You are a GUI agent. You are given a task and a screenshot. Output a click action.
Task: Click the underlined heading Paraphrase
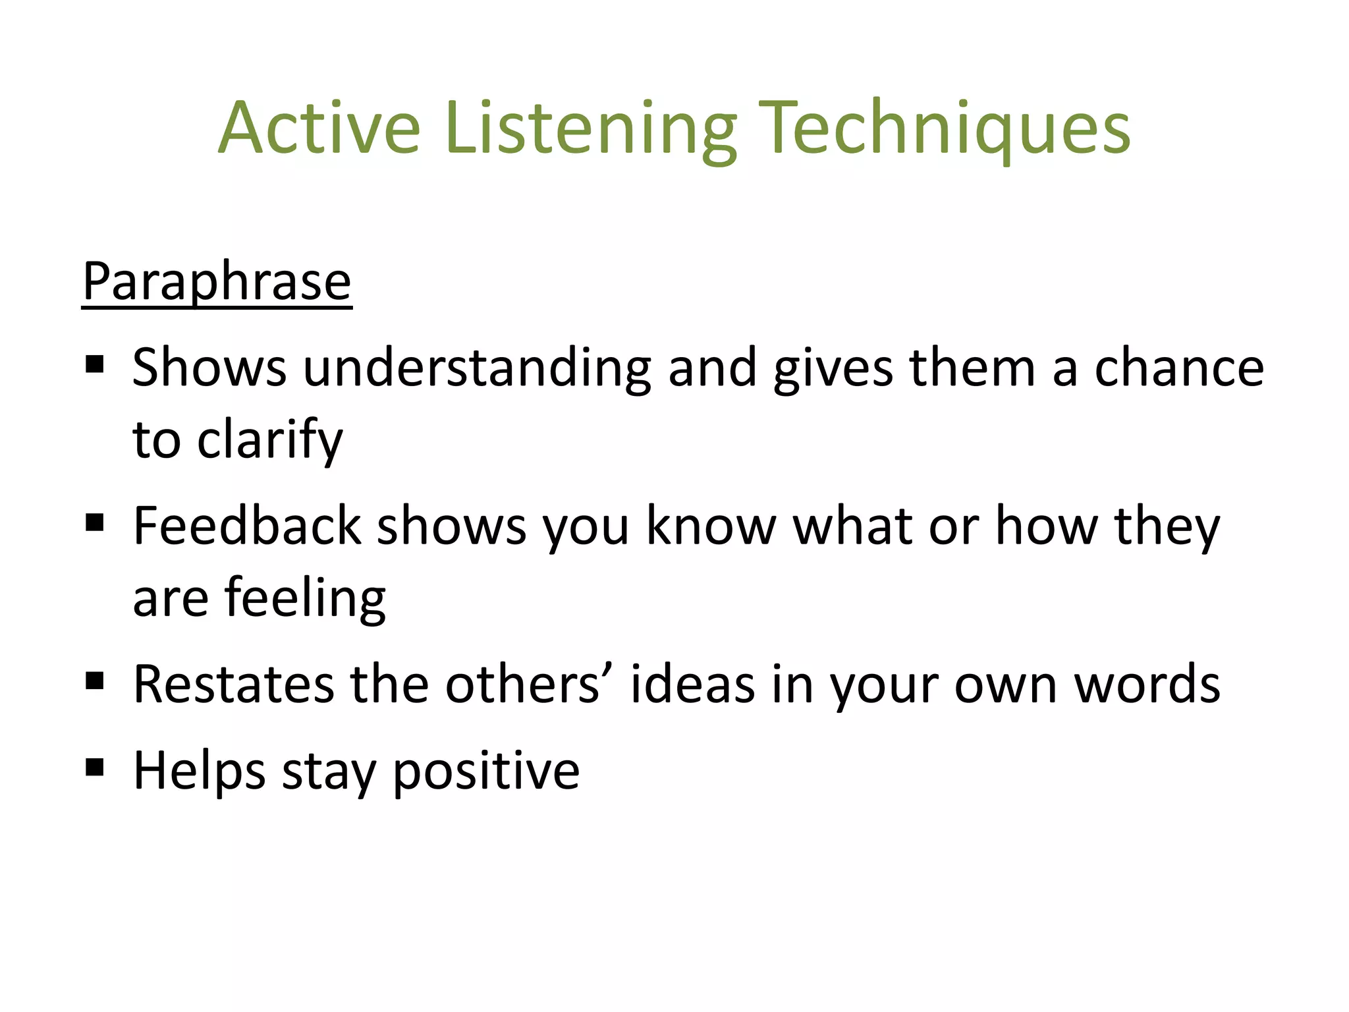[x=217, y=282]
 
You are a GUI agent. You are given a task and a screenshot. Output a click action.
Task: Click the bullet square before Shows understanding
[x=95, y=364]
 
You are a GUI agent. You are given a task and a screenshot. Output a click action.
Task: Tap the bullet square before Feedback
[x=95, y=523]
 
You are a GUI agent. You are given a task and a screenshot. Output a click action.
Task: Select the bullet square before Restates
[x=95, y=681]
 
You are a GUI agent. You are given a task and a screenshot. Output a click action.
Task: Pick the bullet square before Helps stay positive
[x=95, y=767]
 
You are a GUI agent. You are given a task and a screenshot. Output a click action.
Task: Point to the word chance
[x=1178, y=368]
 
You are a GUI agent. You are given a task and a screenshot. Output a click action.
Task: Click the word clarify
[x=270, y=440]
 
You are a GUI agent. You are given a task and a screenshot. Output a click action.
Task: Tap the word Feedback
[x=247, y=526]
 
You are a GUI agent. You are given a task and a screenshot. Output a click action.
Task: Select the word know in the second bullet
[x=711, y=526]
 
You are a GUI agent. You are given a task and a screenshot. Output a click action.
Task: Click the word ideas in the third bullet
[x=692, y=684]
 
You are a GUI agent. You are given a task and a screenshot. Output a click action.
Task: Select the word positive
[x=486, y=771]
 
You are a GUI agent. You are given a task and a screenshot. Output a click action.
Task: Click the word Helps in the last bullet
[x=200, y=771]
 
